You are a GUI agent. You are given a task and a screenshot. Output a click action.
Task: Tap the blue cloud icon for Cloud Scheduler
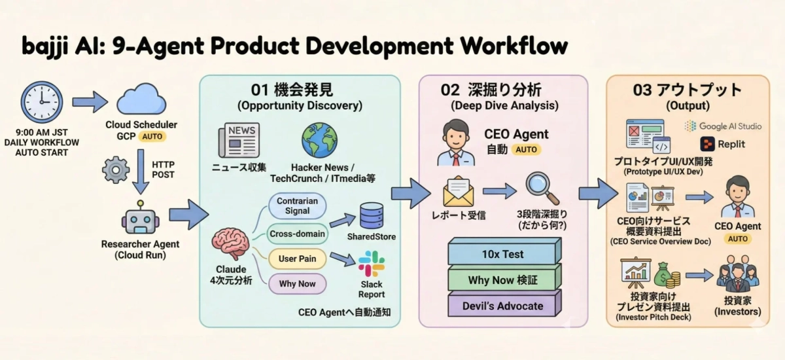(x=141, y=100)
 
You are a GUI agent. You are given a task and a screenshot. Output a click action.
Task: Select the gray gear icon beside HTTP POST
(x=116, y=170)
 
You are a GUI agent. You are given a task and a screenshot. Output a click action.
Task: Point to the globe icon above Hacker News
(x=320, y=140)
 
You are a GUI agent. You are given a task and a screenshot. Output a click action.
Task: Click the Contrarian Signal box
(x=297, y=206)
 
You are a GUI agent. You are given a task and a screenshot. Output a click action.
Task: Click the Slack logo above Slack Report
(x=372, y=264)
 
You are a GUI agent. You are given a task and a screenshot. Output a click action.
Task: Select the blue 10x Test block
(x=504, y=254)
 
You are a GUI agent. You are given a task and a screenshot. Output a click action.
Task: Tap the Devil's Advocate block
(x=504, y=306)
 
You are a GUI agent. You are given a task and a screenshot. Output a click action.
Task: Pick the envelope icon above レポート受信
(x=458, y=192)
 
